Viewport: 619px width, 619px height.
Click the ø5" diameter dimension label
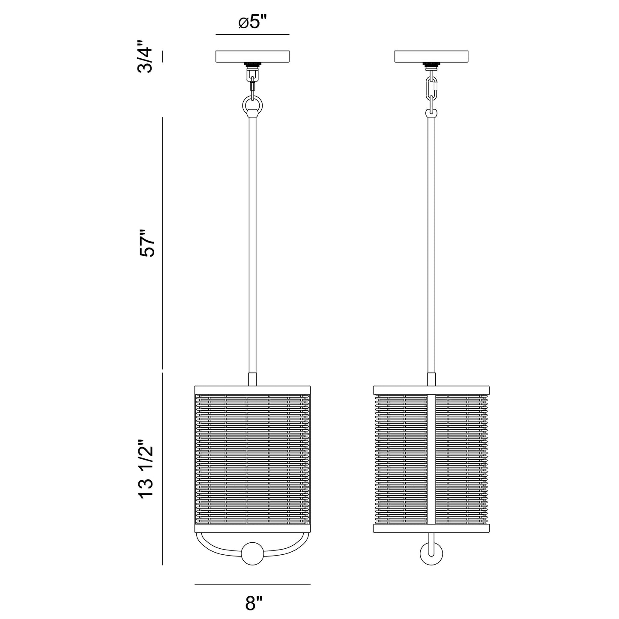[x=253, y=23]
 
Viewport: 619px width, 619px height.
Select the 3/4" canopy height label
[x=145, y=57]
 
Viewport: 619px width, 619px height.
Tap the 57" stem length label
[x=147, y=243]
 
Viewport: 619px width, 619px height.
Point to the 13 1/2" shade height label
[x=146, y=469]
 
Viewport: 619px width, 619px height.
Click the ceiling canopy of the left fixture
[x=252, y=56]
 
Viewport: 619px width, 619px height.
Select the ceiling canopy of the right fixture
[x=431, y=56]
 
